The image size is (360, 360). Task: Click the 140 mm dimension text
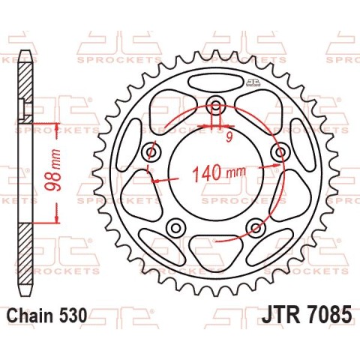pyautogui.click(x=219, y=172)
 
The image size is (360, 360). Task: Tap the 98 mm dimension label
pyautogui.click(x=53, y=170)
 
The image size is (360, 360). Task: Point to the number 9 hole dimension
pyautogui.click(x=229, y=137)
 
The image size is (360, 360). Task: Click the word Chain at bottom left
pyautogui.click(x=30, y=315)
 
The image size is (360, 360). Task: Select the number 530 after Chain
pyautogui.click(x=72, y=315)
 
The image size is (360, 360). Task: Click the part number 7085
pyautogui.click(x=328, y=315)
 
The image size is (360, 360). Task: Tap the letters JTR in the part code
pyautogui.click(x=280, y=315)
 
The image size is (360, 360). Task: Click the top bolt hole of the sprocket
pyautogui.click(x=216, y=104)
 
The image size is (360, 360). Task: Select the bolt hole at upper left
pyautogui.click(x=151, y=151)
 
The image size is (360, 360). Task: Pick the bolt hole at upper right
pyautogui.click(x=280, y=151)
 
